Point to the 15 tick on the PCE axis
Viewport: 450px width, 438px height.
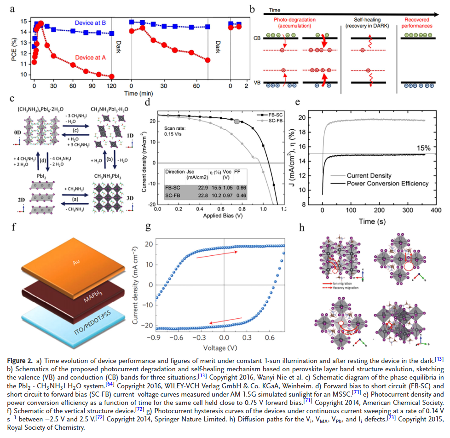pyautogui.click(x=23, y=21)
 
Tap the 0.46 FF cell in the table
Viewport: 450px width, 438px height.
pyautogui.click(x=239, y=195)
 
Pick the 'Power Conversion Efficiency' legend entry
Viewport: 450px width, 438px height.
pyautogui.click(x=388, y=183)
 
